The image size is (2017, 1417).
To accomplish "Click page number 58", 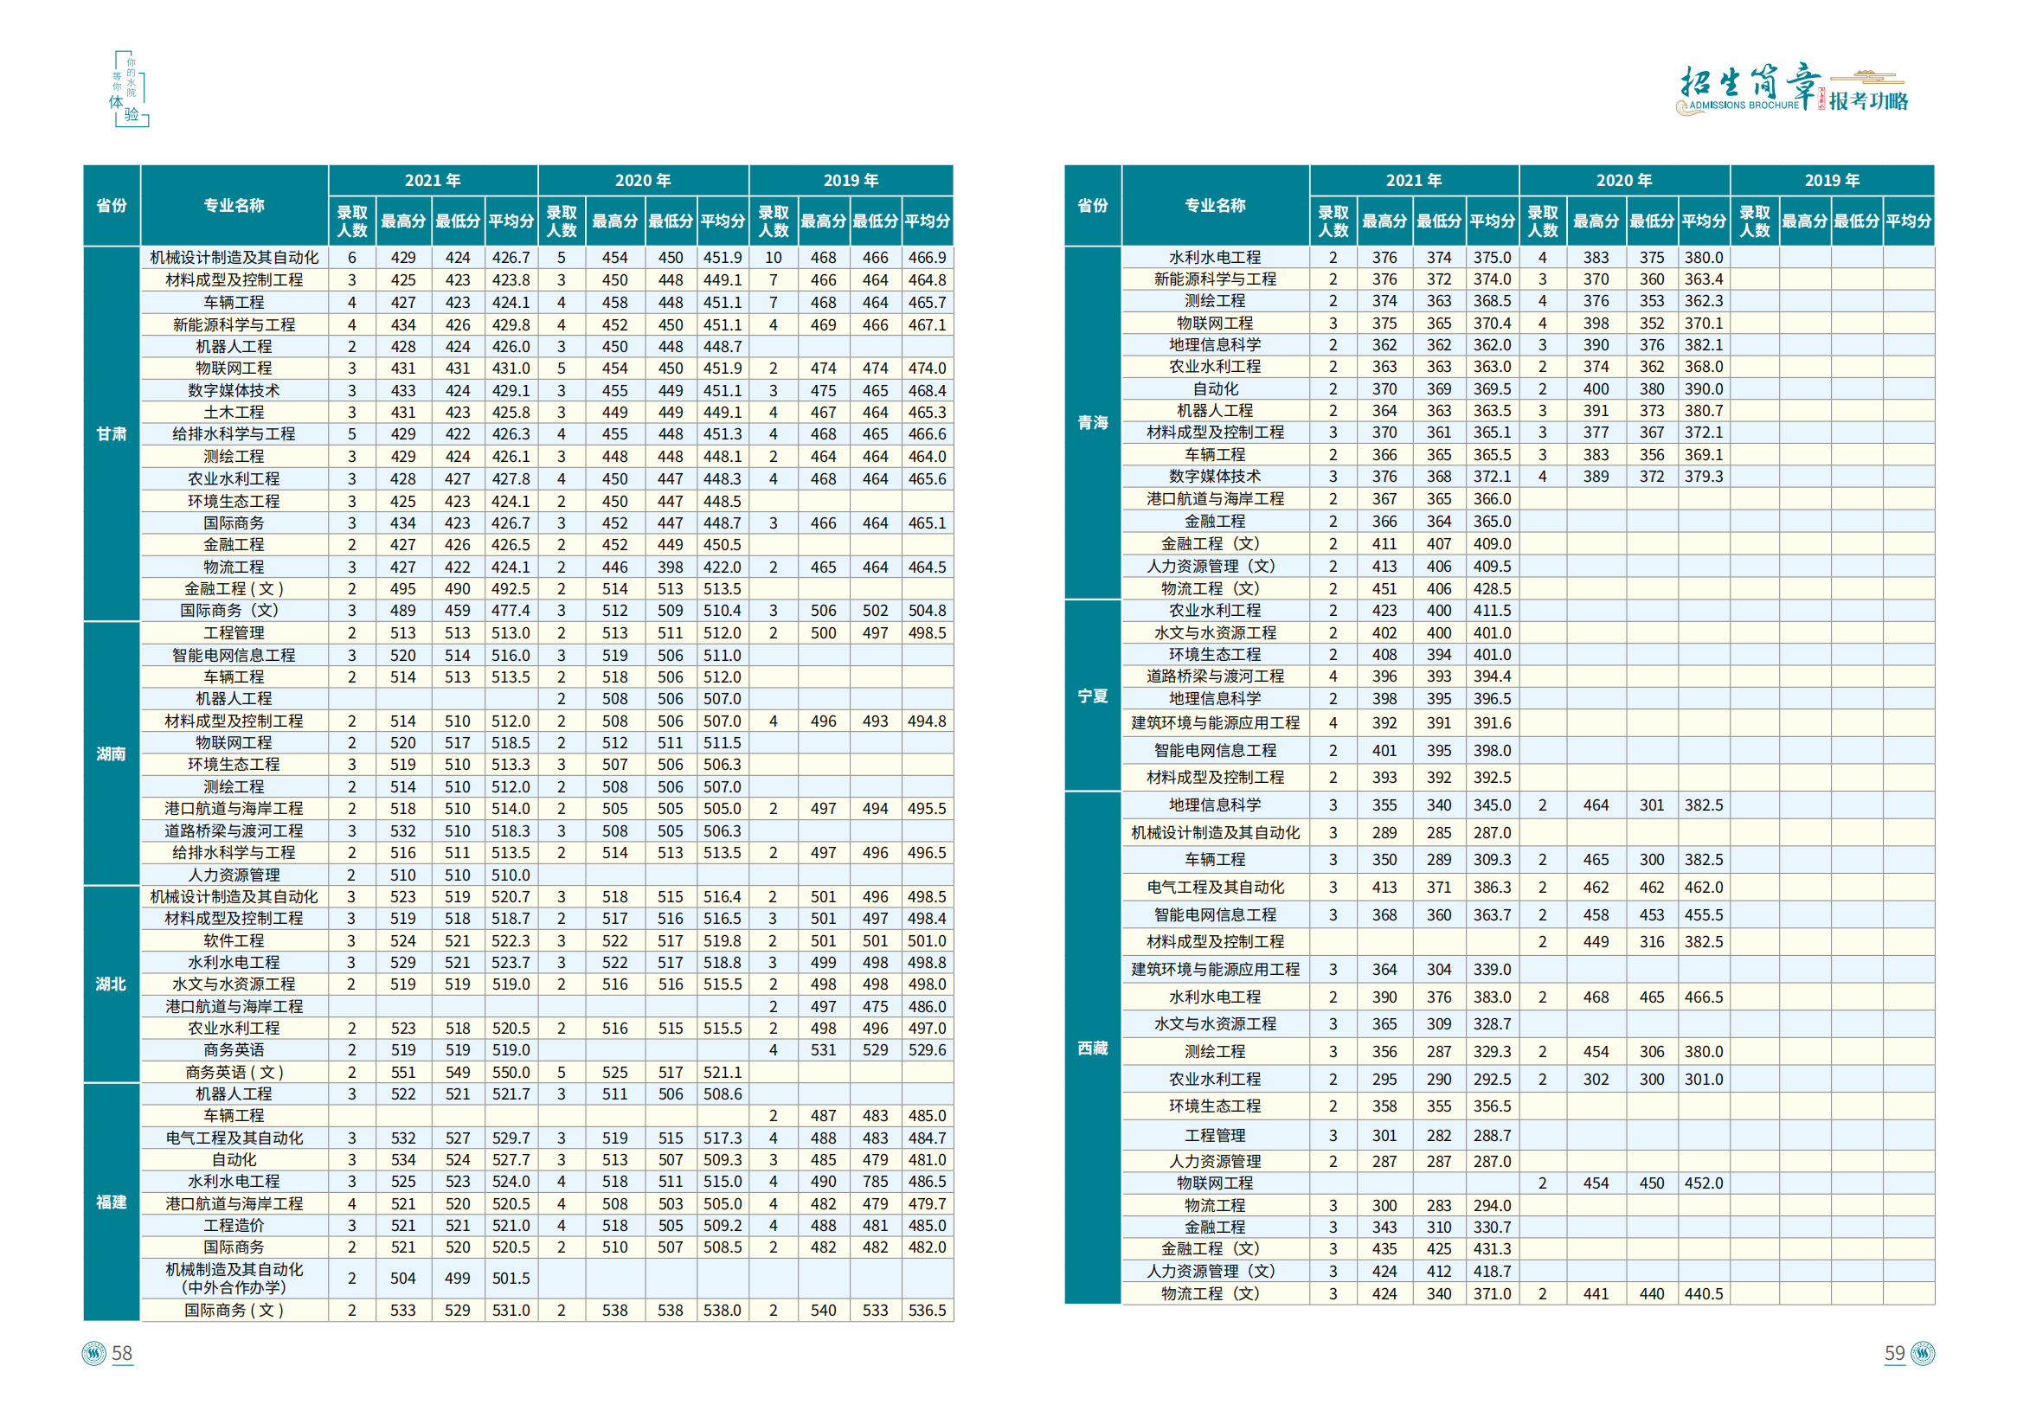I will click(122, 1353).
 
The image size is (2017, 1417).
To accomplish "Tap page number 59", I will click(1894, 1353).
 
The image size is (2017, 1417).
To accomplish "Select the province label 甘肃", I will click(112, 434).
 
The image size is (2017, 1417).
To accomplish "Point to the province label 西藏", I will click(1093, 1048).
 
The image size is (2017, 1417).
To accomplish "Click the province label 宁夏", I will click(1093, 696).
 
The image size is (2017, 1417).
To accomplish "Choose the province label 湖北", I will click(112, 984).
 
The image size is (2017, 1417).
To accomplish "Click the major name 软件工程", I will click(234, 941).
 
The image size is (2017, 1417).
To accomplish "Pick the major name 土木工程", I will click(234, 412).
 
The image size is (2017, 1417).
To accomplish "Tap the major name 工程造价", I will click(234, 1226).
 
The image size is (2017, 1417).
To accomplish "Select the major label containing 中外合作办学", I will click(234, 1279).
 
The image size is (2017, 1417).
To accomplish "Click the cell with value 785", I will click(875, 1182).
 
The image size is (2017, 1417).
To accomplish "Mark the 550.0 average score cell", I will click(511, 1072).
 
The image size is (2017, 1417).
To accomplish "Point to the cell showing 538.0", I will click(723, 1310).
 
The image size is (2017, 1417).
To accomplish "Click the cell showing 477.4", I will click(511, 611).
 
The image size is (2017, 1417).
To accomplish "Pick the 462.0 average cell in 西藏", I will click(1704, 888).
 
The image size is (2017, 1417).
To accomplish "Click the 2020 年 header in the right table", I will click(1623, 180).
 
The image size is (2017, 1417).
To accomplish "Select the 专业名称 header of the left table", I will click(234, 205).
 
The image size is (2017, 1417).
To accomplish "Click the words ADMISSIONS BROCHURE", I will click(1744, 106).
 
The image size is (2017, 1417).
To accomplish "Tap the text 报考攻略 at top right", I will click(1868, 101).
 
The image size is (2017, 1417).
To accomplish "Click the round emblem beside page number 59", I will click(1922, 1353).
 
